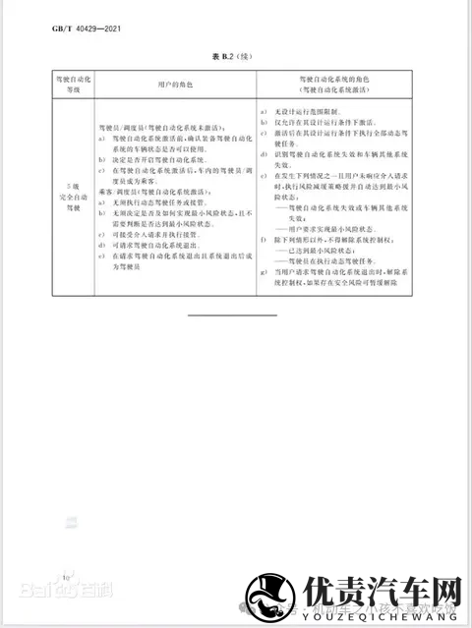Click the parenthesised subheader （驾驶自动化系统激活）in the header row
point(339,89)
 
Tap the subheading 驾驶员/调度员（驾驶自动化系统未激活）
point(160,128)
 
